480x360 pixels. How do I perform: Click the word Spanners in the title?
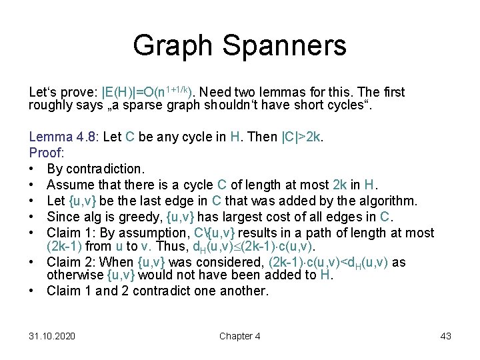[288, 46]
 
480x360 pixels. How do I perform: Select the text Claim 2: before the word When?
[69, 263]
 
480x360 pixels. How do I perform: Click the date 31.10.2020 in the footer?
[52, 336]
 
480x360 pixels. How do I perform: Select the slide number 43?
[446, 336]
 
